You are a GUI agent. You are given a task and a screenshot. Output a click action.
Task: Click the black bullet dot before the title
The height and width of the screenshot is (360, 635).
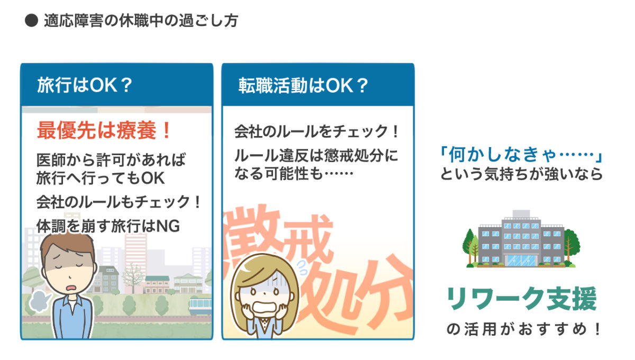pos(31,21)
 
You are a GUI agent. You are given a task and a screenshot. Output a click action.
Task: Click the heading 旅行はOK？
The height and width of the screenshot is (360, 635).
pos(85,85)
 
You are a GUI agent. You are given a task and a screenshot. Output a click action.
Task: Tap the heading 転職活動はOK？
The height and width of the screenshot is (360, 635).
pos(303,85)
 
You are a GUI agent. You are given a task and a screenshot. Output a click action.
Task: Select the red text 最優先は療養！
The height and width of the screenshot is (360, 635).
pos(104,130)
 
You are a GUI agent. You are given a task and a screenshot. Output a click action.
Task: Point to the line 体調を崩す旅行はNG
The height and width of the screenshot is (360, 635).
pos(108,226)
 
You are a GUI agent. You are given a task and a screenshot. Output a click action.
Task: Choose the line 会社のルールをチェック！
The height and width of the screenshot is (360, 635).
pos(316,131)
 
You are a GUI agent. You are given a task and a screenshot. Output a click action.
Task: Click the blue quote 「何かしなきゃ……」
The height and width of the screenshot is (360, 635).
pos(521,155)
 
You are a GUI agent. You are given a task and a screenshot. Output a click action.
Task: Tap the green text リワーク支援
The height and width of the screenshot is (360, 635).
pos(522,299)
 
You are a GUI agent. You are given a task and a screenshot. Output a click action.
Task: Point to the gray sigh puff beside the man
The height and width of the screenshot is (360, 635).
pos(40,301)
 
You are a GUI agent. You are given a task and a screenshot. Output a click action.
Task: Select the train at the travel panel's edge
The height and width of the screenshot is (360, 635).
pos(201,307)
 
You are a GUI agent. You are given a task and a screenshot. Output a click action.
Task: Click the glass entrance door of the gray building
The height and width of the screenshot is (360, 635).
pos(522,260)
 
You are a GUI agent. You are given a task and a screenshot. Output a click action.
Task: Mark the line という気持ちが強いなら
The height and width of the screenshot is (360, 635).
pos(521,174)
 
